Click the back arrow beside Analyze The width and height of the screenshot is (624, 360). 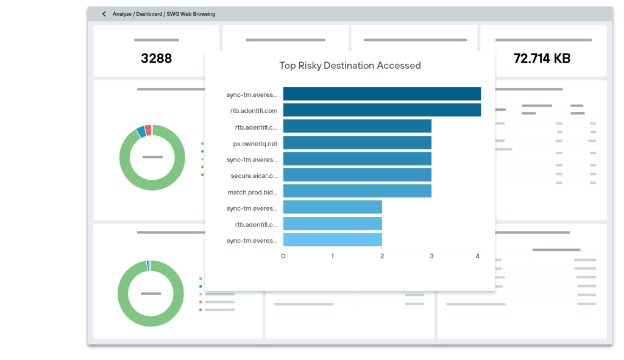click(104, 14)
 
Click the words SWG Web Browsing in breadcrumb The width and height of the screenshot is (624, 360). click(190, 14)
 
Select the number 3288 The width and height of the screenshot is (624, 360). click(156, 58)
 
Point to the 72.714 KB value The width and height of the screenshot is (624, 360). click(542, 58)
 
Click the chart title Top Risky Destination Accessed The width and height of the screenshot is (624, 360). click(350, 65)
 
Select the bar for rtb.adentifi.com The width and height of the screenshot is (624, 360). click(381, 110)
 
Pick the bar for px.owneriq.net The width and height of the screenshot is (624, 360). click(357, 143)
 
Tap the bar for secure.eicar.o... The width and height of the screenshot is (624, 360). click(357, 175)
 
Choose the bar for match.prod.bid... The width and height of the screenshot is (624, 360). click(357, 191)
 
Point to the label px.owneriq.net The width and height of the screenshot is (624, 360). click(255, 144)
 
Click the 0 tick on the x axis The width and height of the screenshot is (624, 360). click(283, 256)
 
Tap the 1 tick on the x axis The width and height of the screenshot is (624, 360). click(332, 256)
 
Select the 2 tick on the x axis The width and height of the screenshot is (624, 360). click(382, 256)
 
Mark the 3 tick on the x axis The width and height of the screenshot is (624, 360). click(431, 256)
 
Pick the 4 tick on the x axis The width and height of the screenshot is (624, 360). click(478, 256)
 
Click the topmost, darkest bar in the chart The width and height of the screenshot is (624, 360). click(381, 94)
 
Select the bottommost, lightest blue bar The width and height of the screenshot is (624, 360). click(332, 240)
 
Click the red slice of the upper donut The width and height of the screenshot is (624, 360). click(147, 130)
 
